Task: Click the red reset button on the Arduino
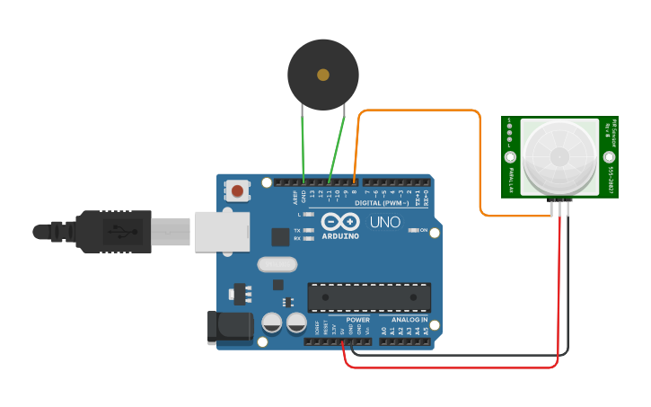[x=238, y=190]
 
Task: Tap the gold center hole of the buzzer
[x=323, y=75]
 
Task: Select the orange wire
[x=422, y=111]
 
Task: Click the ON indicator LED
[x=412, y=230]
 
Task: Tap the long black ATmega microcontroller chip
[x=369, y=297]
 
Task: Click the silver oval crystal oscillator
[x=276, y=264]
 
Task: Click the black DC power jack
[x=230, y=328]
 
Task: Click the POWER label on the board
[x=357, y=320]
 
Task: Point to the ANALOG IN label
[x=409, y=320]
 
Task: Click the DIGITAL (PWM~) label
[x=382, y=203]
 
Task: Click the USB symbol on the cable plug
[x=118, y=232]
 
